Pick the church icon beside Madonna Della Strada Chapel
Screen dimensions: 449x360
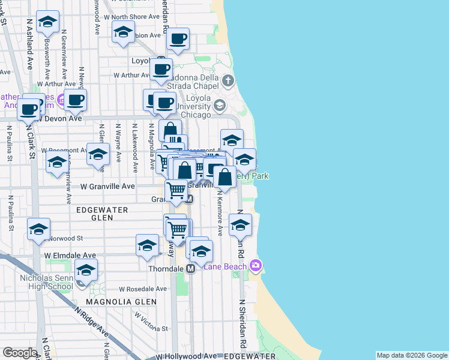(228, 80)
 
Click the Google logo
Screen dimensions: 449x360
(20, 353)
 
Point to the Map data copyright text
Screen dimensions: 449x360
(411, 356)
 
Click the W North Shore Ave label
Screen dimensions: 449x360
(128, 17)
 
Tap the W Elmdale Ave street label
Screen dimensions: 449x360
(70, 256)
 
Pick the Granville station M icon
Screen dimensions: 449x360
(188, 199)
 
